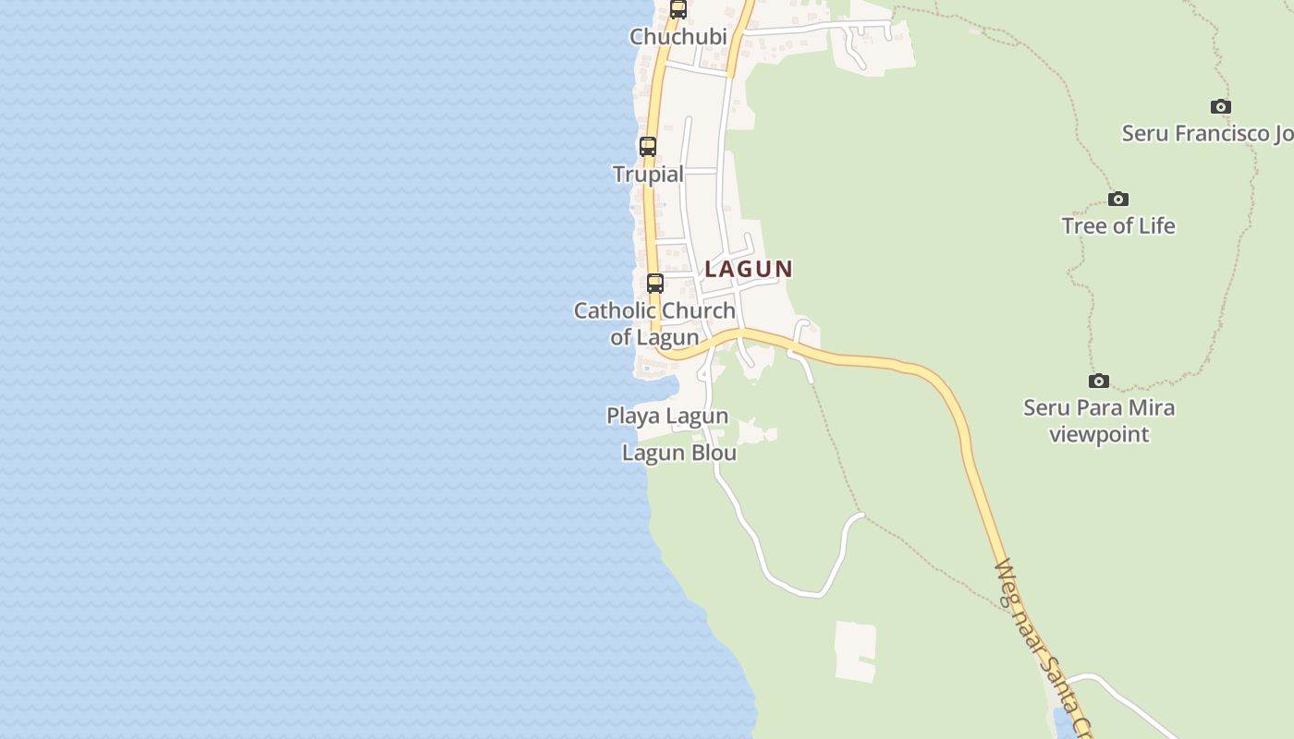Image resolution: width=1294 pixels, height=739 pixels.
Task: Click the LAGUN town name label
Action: [x=749, y=269]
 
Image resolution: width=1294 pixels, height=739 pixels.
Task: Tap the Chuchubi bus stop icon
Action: [x=678, y=10]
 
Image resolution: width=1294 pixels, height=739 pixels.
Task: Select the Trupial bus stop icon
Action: [x=648, y=147]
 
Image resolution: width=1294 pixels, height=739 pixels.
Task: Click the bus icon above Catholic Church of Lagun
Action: [x=655, y=284]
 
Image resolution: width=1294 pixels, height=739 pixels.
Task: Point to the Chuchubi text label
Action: [x=678, y=37]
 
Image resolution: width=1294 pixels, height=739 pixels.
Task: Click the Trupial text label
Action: [x=649, y=174]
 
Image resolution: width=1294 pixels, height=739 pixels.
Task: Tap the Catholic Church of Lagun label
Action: [x=654, y=323]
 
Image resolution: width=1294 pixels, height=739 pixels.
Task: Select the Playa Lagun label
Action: [x=667, y=416]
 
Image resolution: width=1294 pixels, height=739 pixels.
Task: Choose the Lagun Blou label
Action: [x=679, y=453]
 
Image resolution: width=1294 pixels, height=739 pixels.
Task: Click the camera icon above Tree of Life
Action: [x=1118, y=200]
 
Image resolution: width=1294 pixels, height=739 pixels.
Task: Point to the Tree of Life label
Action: [x=1118, y=225]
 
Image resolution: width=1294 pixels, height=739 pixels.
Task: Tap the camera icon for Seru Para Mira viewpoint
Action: [x=1099, y=381]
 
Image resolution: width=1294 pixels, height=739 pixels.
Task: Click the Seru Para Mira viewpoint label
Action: [x=1099, y=420]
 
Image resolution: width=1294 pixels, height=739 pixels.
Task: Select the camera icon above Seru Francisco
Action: [x=1221, y=107]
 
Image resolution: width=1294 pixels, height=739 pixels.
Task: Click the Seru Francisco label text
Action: [x=1207, y=133]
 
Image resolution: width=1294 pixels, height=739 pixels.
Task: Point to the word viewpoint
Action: [x=1099, y=434]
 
